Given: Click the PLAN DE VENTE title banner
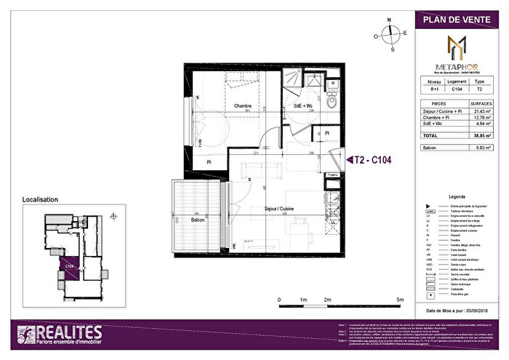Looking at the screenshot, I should (457, 19).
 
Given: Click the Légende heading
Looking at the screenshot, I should (457, 197).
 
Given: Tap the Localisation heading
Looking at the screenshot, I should (41, 199).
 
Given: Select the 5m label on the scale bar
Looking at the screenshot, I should (400, 300).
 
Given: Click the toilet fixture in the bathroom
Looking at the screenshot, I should (331, 102).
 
